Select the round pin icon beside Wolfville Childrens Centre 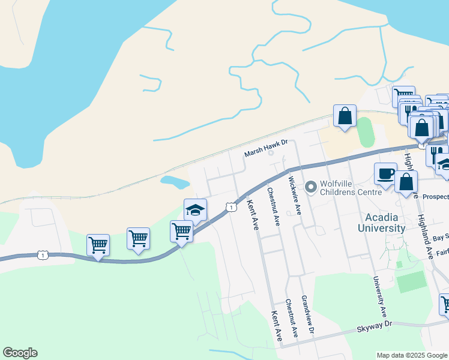310,188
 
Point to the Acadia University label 382,222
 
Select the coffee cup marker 385,173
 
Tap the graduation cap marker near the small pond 195,209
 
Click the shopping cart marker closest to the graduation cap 181,231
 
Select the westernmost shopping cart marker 98,244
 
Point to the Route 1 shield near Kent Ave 231,207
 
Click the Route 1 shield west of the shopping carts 42,255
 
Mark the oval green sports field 366,133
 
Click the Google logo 20,353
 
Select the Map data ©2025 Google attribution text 411,355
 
